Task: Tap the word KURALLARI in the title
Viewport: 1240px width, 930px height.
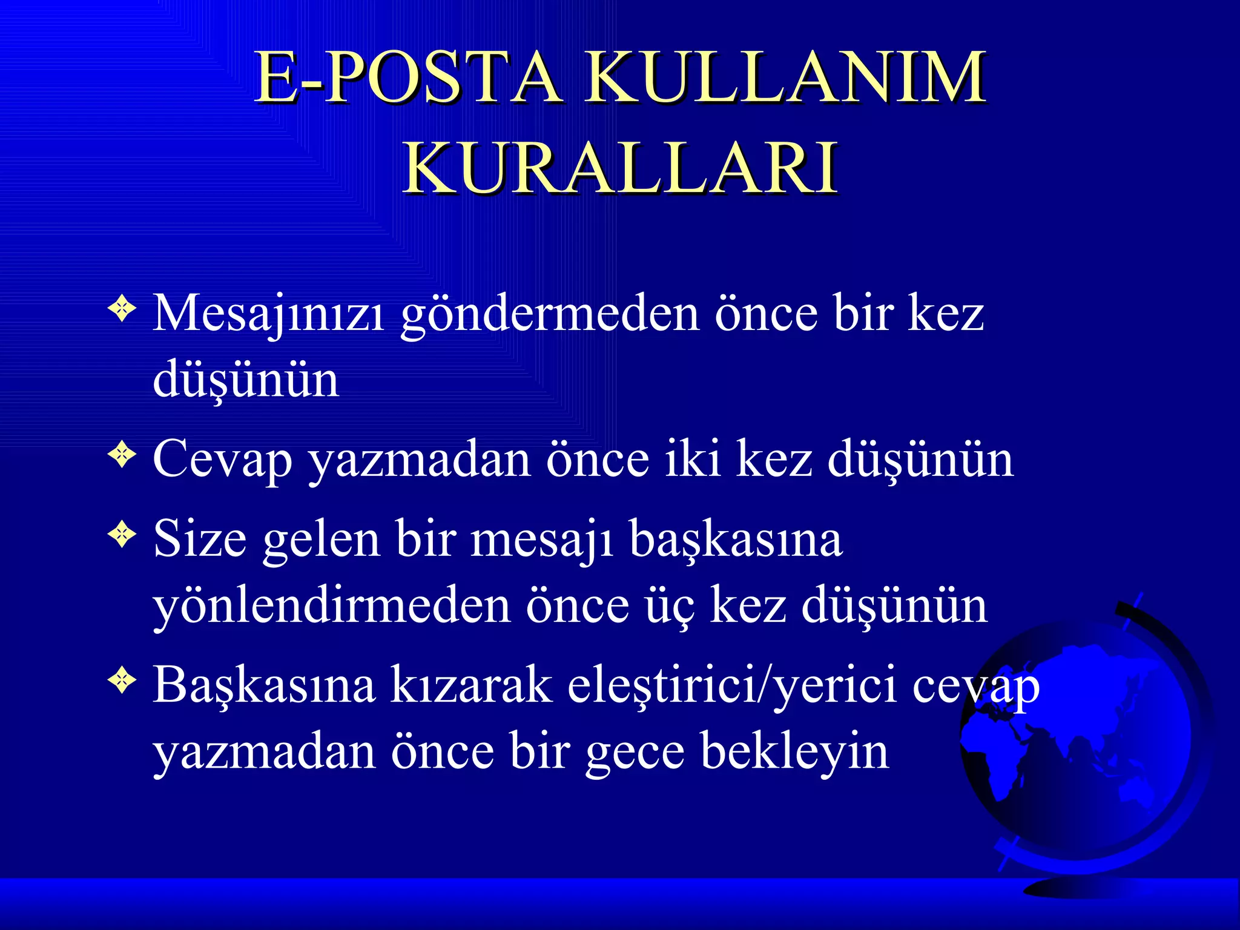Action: [621, 168]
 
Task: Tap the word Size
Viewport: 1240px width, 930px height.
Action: [200, 539]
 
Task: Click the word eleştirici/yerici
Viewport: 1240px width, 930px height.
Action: [732, 686]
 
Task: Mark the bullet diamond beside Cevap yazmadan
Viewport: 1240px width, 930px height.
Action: [122, 455]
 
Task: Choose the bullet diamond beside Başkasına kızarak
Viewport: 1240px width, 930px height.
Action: [122, 681]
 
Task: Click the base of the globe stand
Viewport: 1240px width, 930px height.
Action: [1084, 887]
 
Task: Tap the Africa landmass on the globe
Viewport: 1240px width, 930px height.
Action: [999, 757]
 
